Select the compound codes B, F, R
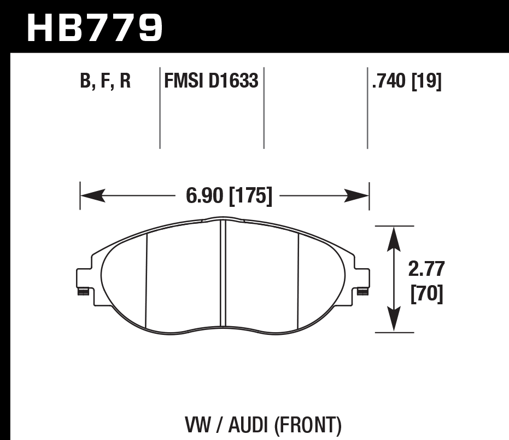(x=105, y=82)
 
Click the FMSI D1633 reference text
(x=211, y=82)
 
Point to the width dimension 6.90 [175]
(x=229, y=195)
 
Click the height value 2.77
(x=426, y=270)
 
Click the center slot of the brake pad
(x=223, y=274)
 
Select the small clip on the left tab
(x=83, y=291)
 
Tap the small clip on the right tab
(x=362, y=291)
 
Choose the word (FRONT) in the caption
(x=309, y=425)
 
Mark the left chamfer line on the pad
(x=147, y=279)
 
